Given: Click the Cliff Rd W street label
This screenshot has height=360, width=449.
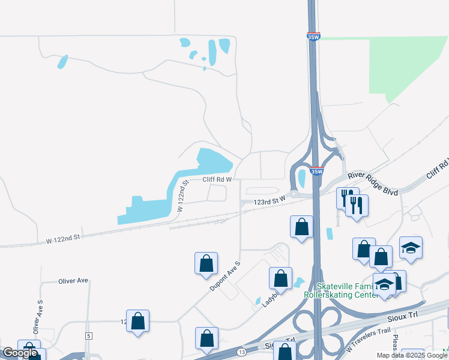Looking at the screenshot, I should (217, 179).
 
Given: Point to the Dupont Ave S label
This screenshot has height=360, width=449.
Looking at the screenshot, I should (224, 277).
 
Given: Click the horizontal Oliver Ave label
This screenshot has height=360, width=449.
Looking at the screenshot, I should (73, 280).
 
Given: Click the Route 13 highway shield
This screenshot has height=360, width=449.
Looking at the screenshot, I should (241, 352).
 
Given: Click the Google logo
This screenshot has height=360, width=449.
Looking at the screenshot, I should (20, 353).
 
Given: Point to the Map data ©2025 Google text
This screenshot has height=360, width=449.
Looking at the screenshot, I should (412, 355).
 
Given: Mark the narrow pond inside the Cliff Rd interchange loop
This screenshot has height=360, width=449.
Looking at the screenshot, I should (301, 178).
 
